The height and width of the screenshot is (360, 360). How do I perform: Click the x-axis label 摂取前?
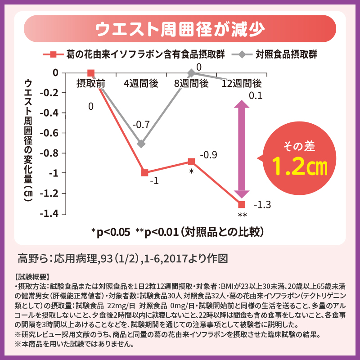91,83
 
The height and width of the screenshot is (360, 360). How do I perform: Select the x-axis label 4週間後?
141,83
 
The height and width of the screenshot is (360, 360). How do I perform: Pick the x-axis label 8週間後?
191,83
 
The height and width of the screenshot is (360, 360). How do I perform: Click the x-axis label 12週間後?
242,83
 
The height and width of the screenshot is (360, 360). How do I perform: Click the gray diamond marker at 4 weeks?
141,144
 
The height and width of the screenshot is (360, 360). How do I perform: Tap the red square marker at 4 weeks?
144,173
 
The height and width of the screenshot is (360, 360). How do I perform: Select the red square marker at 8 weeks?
191,162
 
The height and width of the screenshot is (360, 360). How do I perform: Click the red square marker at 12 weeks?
242,205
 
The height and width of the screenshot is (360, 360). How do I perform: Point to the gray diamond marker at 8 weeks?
191,73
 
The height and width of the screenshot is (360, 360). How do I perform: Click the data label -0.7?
141,124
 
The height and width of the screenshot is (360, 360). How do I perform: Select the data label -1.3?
262,205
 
